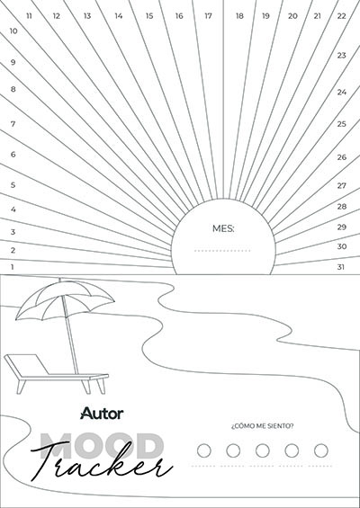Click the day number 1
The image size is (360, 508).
pos(13,267)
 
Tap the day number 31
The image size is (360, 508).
pos(340,267)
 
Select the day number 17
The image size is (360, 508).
pos(208,16)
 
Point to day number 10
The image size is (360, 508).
pos(13,31)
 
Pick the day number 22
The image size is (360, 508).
pos(341,16)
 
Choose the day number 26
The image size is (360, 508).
pos(341,157)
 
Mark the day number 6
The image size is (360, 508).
pos(13,155)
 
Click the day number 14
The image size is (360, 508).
pos(119,16)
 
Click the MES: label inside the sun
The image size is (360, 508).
pos(223,228)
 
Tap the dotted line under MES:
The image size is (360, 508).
pos(222,251)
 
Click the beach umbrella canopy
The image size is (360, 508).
pos(65,299)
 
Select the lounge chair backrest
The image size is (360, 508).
pos(27,364)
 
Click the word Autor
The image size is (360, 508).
pos(102,414)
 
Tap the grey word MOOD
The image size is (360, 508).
pos(102,446)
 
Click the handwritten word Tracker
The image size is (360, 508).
pos(102,461)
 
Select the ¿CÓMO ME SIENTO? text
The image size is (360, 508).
pos(263,425)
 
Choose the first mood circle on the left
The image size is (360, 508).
pos(204,450)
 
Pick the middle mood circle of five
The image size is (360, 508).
pos(263,450)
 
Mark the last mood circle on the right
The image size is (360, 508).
pos(321,450)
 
